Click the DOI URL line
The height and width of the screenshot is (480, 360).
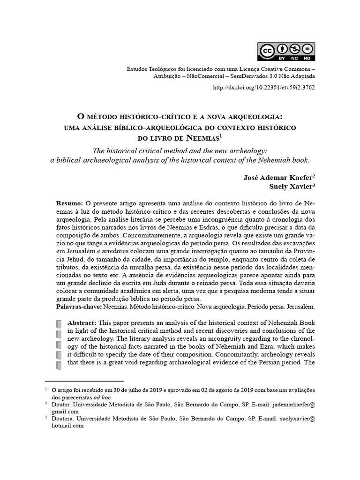click(x=270, y=88)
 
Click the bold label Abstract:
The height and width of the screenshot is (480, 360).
click(x=82, y=323)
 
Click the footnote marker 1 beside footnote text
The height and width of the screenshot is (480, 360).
click(x=46, y=389)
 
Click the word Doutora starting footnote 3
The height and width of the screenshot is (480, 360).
click(x=62, y=418)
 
